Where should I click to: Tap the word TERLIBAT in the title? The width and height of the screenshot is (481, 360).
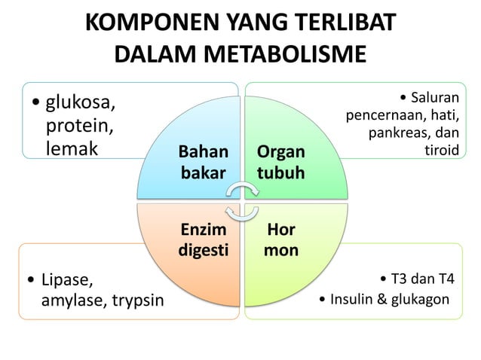point(339,23)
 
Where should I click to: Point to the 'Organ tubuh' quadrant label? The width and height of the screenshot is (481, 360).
point(280,162)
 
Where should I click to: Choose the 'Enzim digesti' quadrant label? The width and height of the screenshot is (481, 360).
point(203,239)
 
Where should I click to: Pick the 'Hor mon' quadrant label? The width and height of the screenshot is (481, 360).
point(280,239)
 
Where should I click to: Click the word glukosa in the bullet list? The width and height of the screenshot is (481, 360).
point(81,100)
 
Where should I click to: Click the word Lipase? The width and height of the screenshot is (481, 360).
point(67,281)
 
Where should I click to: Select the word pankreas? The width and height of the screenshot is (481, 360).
point(400,133)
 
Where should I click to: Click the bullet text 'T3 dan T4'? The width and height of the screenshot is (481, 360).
point(421,281)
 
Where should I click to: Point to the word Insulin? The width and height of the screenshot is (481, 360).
point(352,300)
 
